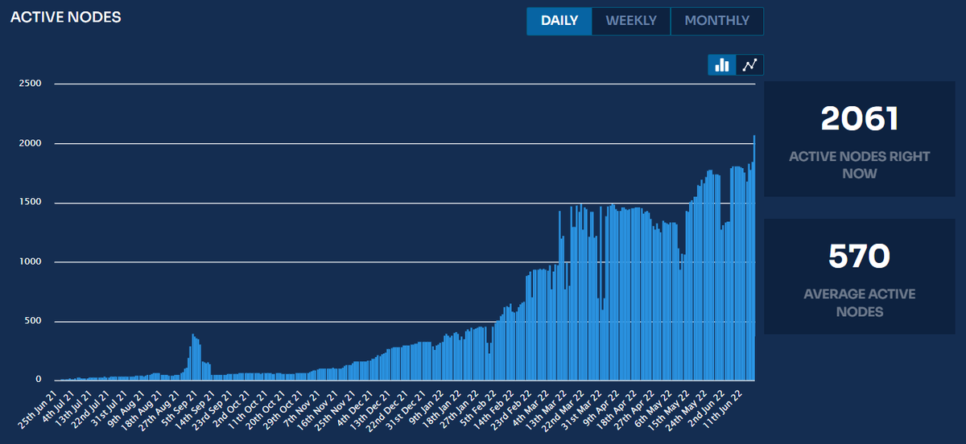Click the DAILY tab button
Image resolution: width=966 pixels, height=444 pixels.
[559, 21]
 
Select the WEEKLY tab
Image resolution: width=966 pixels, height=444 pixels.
[631, 21]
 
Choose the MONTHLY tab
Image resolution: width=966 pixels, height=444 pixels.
[716, 21]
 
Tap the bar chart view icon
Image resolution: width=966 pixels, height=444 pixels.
[722, 65]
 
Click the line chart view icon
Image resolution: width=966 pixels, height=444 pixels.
[749, 65]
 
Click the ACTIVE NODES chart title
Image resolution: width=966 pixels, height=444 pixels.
[65, 17]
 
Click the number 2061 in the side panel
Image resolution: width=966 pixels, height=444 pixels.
[859, 120]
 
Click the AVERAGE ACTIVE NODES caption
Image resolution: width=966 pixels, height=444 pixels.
[859, 302]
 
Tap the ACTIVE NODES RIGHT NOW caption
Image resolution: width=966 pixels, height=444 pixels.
[859, 165]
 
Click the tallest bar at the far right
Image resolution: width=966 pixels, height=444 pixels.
[753, 257]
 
